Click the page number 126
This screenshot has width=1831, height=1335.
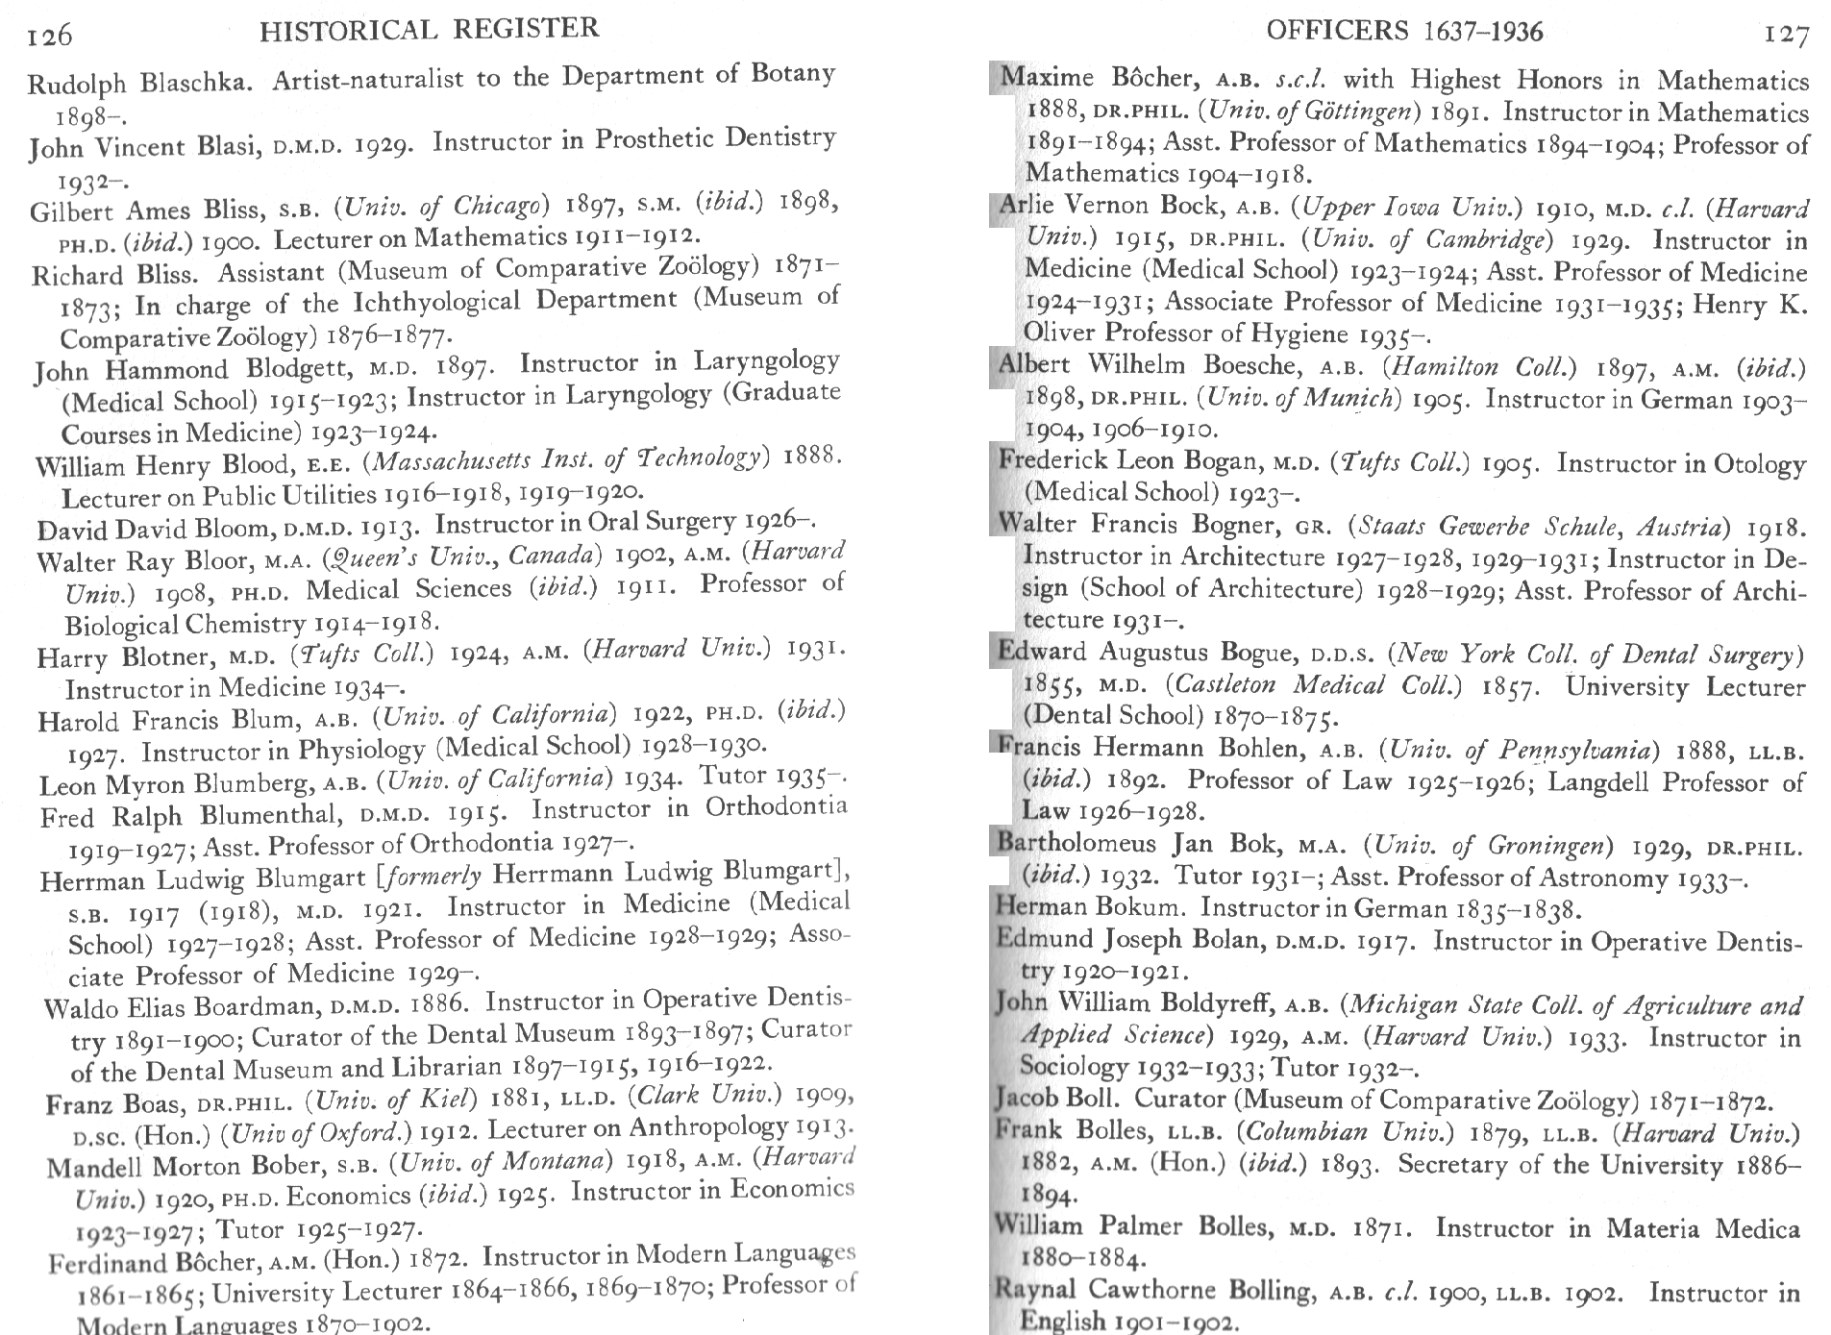pos(50,36)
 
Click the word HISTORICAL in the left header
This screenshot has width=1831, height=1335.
pos(348,31)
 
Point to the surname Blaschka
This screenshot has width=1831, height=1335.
pos(196,82)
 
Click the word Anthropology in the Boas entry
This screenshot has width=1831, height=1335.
pos(709,1127)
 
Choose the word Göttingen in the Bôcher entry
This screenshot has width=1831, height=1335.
pos(1360,112)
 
